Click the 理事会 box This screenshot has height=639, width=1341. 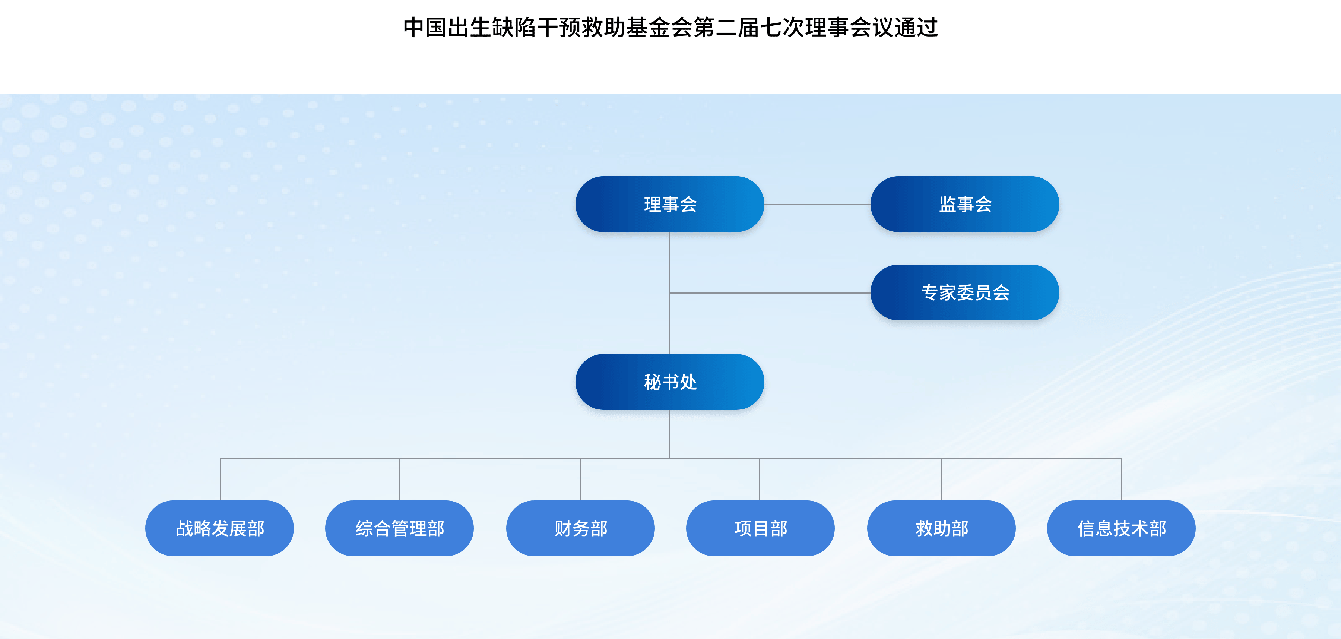point(669,204)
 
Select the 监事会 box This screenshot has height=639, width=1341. point(965,204)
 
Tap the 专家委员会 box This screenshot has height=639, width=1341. point(965,293)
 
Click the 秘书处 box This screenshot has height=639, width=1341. point(669,382)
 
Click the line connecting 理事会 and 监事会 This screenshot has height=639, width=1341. point(817,205)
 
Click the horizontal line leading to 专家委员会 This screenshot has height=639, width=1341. point(770,293)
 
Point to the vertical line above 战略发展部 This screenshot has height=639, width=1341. point(221,480)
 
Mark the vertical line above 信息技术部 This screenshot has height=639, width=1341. point(1121,480)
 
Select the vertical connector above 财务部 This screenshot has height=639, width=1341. point(580,480)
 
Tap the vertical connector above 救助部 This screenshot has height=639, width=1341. point(941,480)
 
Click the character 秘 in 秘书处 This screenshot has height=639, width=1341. point(652,382)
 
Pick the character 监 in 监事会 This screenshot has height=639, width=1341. point(947,204)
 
